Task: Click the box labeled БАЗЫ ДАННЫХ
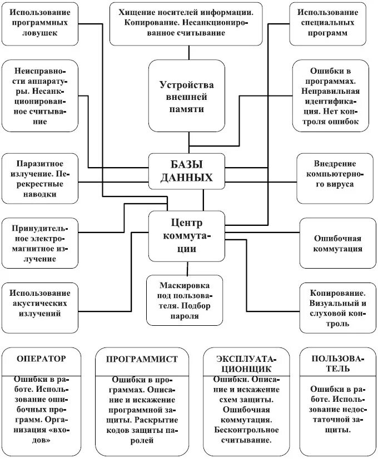point(187,172)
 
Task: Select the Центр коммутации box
point(187,236)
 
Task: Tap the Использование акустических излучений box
point(39,303)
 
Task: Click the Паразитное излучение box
point(39,179)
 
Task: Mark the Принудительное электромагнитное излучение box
point(39,243)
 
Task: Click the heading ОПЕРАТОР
point(41,359)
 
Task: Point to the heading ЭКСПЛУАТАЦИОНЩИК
point(245,363)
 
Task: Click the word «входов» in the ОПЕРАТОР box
point(41,441)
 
